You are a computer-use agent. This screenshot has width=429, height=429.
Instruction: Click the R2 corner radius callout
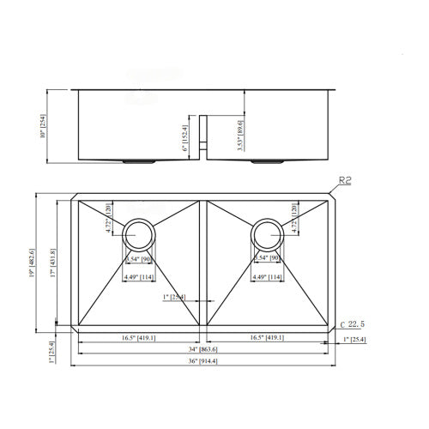[347, 180]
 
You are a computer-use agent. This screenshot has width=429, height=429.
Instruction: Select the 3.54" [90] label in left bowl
[138, 258]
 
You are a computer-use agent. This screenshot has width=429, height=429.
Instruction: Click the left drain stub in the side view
[138, 161]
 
